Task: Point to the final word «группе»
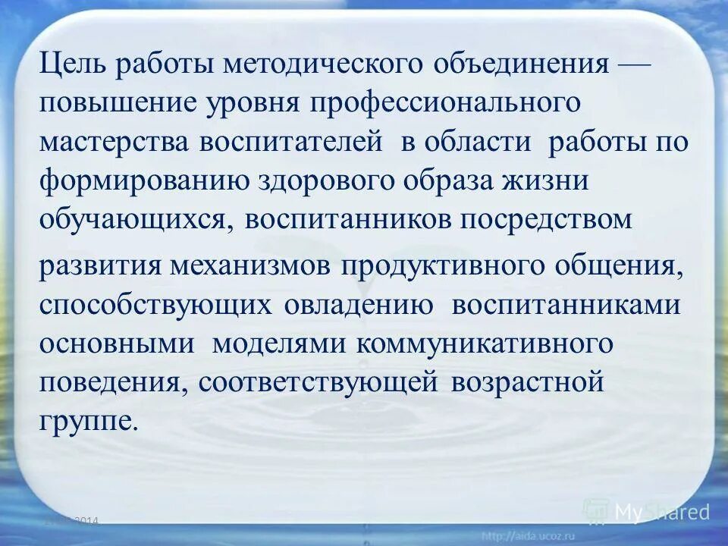(x=89, y=421)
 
